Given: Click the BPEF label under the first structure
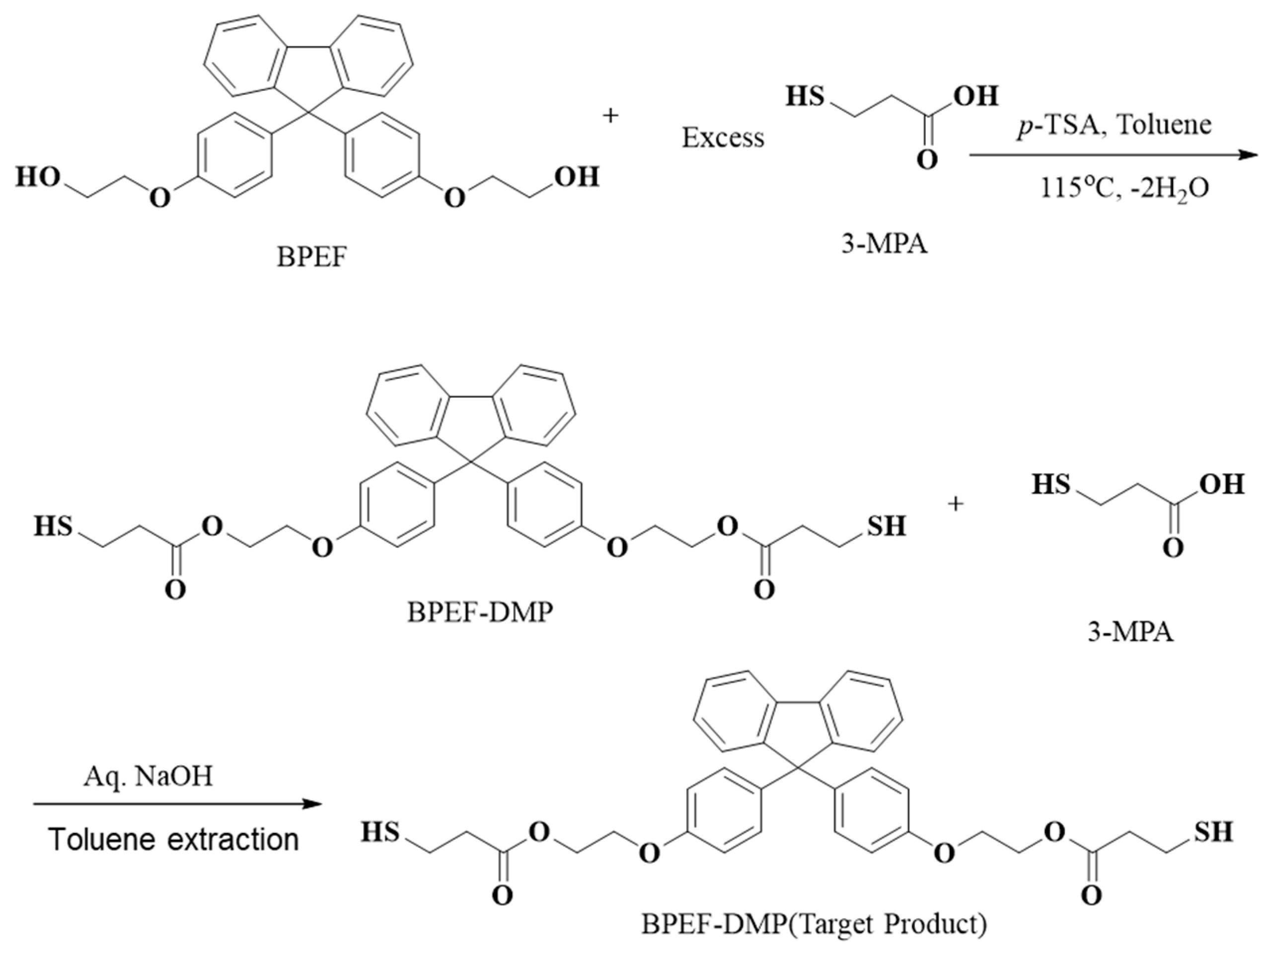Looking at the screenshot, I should (312, 258).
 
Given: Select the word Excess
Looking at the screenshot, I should (722, 138).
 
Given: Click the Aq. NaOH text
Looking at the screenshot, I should (148, 777).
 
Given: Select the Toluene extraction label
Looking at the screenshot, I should (174, 839).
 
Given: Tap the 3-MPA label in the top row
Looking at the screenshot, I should (884, 244).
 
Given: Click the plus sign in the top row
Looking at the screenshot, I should (611, 116).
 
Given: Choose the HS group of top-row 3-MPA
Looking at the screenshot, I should (805, 96).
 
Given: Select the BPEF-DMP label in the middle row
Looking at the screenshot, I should (480, 612).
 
